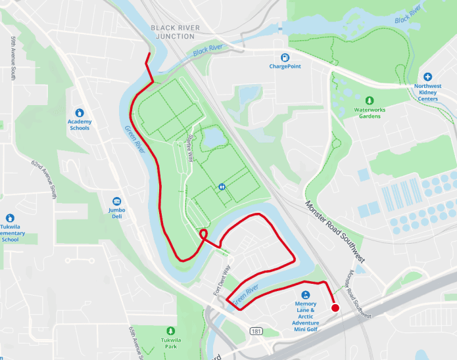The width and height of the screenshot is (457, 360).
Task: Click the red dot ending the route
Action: [335, 308]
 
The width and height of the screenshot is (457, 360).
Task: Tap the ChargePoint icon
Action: [285, 57]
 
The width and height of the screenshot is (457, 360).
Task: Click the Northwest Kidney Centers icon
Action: [427, 77]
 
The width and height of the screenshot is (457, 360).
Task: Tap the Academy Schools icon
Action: [80, 113]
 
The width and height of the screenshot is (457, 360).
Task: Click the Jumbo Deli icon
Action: [117, 201]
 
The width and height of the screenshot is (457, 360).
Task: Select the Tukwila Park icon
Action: [171, 330]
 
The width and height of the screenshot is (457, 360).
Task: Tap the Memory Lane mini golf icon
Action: [306, 295]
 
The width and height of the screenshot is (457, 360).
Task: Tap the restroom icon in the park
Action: [222, 187]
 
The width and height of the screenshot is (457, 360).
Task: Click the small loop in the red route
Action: [204, 234]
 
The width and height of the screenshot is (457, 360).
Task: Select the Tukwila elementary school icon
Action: [10, 218]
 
